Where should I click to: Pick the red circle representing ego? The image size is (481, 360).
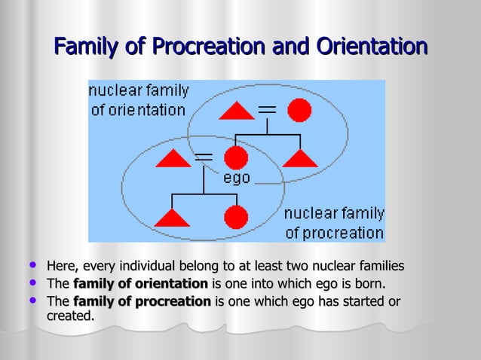click(x=236, y=158)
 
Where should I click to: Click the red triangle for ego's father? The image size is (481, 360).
click(x=237, y=111)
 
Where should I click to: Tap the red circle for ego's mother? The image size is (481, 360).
click(x=299, y=111)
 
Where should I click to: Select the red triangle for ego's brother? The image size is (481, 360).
click(x=300, y=158)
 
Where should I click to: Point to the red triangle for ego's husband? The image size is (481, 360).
click(x=173, y=159)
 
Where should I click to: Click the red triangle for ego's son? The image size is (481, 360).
click(x=173, y=218)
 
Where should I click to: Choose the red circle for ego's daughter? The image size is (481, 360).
click(x=236, y=217)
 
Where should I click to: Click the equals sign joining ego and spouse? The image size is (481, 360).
click(x=204, y=157)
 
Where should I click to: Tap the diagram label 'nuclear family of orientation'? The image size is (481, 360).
click(x=138, y=100)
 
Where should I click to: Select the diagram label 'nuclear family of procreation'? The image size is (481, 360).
click(x=333, y=222)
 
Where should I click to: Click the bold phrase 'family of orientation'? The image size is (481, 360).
click(x=140, y=284)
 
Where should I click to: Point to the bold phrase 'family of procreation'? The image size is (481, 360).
click(x=142, y=302)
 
